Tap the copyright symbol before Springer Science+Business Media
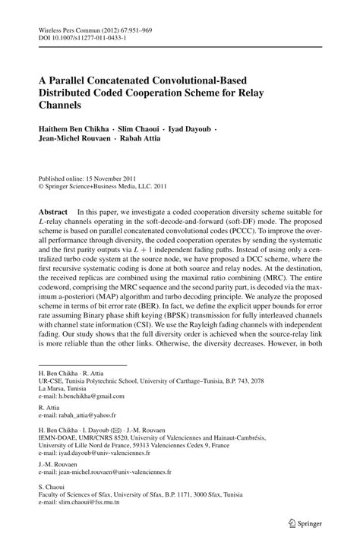coord(42,182)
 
